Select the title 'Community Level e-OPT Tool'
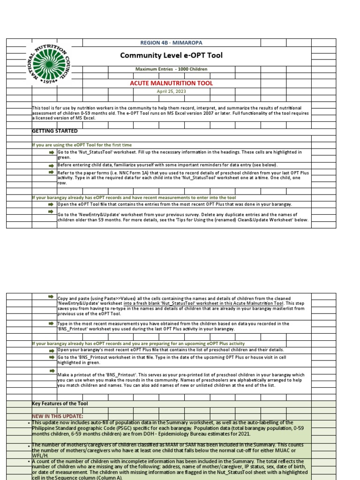[x=171, y=55]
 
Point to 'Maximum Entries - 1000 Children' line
[x=171, y=69]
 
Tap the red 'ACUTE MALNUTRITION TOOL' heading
[x=171, y=83]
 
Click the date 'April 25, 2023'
[x=171, y=91]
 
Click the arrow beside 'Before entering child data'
[x=51, y=165]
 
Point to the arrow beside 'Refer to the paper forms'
[x=51, y=172]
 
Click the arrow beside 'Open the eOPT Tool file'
[x=51, y=204]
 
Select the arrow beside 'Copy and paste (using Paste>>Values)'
[x=51, y=297]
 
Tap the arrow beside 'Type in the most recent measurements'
[x=51, y=323]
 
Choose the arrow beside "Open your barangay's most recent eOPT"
[x=51, y=351]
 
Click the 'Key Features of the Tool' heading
[x=60, y=404]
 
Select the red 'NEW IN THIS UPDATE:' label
[x=57, y=416]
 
